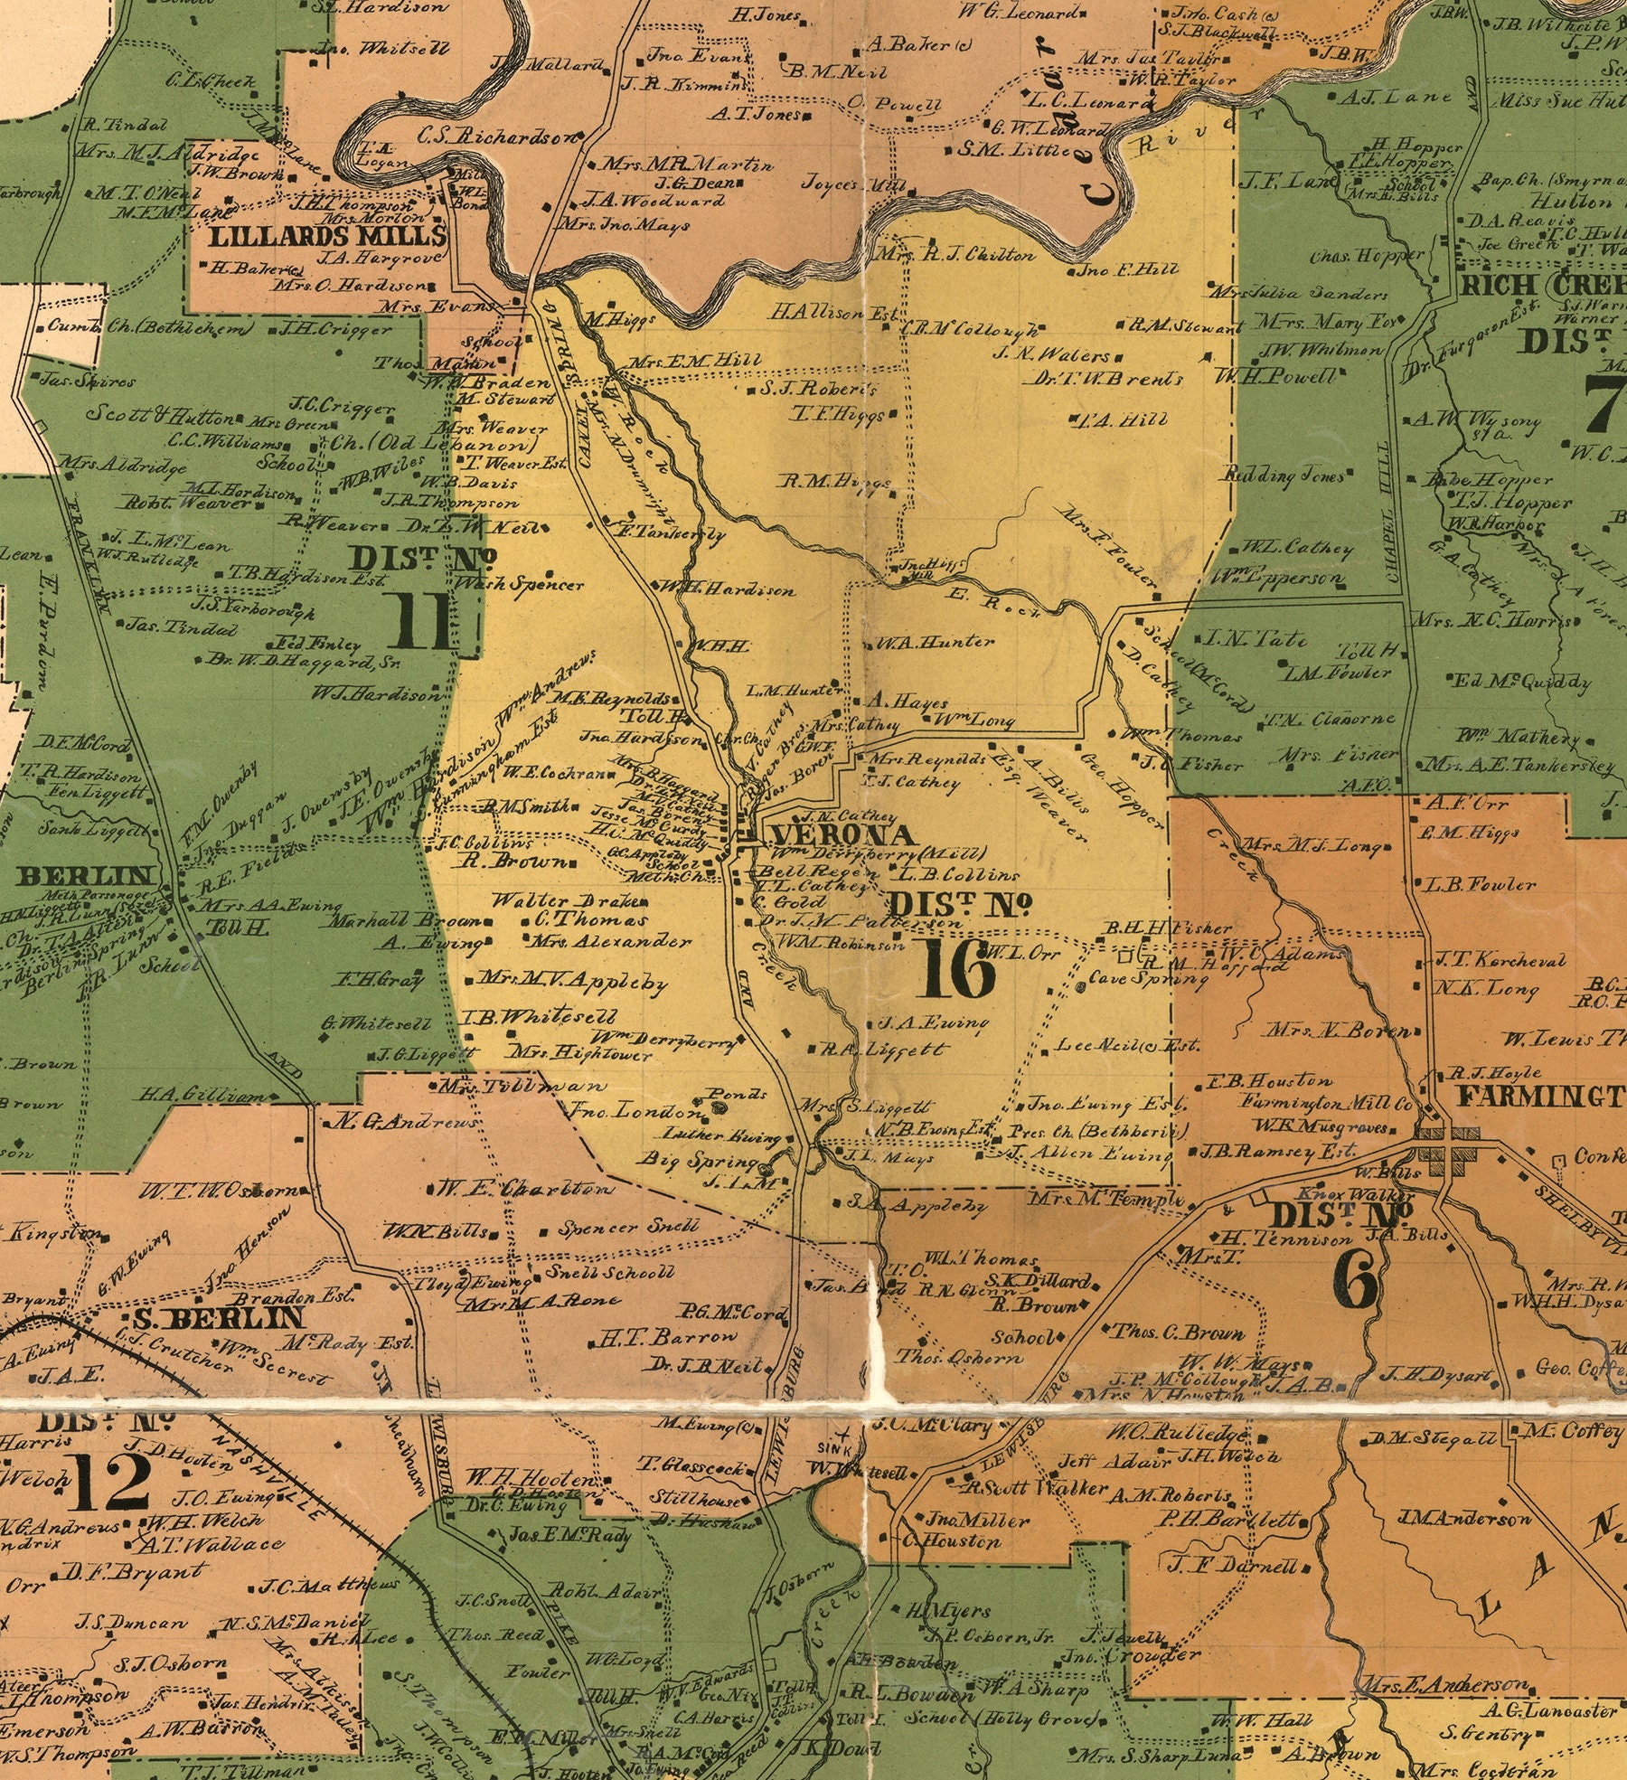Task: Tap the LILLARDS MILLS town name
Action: pos(328,237)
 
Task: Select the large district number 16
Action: pos(959,969)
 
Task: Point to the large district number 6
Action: pos(1355,1281)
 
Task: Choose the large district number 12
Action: pos(113,1483)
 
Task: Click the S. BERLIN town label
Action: pos(218,1317)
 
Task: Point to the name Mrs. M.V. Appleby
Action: pos(572,981)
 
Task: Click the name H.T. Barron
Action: pos(669,1336)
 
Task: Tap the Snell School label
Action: pos(611,1272)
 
